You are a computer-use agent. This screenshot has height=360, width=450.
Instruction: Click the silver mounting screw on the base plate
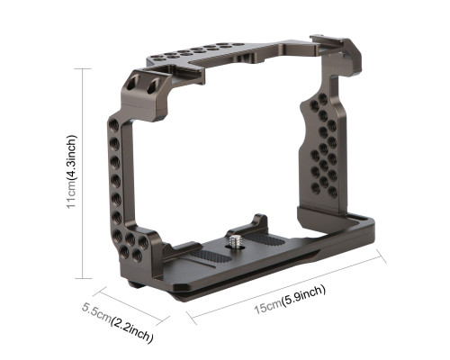[234, 241]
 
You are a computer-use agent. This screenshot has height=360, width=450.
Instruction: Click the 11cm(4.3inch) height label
[72, 172]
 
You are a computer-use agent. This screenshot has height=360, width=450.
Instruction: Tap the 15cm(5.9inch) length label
[290, 300]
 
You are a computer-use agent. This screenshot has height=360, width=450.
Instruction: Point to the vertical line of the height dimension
[83, 174]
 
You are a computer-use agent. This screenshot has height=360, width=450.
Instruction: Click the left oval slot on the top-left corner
[132, 82]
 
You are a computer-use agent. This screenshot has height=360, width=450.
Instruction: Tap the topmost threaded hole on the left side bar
[114, 124]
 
